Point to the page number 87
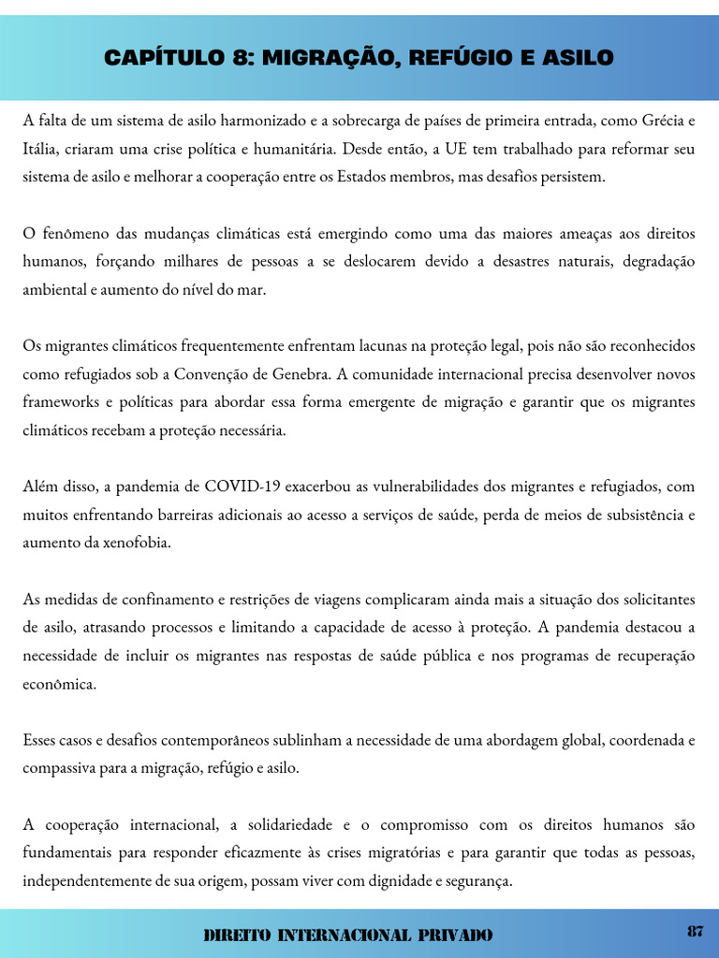tap(695, 931)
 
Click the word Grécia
tap(667, 120)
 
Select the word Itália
tap(41, 148)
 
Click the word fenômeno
tap(74, 233)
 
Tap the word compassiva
tap(60, 768)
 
